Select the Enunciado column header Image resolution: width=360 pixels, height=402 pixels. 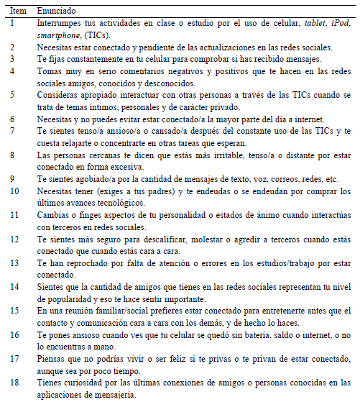(57, 12)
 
